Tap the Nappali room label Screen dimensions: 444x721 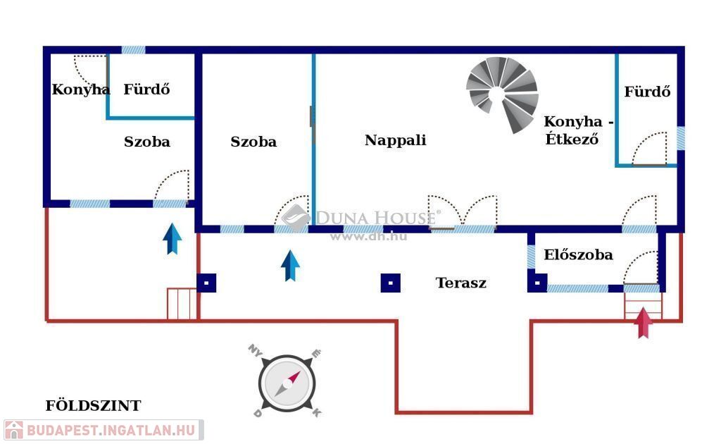click(395, 140)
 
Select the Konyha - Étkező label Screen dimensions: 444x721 click(578, 130)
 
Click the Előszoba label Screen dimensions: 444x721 click(578, 255)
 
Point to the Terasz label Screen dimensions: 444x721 click(460, 283)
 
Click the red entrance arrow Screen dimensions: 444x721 click(643, 323)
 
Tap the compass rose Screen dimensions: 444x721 click(286, 385)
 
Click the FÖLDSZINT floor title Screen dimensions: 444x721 click(93, 406)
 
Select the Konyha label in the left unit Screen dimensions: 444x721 click(80, 90)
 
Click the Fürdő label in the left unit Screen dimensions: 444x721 click(146, 90)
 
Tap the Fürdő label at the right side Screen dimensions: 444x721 click(647, 92)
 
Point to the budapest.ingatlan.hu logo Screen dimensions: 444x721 click(103, 429)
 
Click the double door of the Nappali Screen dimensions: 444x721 click(463, 212)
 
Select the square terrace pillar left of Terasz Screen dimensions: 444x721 click(391, 283)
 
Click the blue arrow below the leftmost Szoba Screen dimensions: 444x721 click(172, 238)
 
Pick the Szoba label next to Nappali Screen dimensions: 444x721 click(253, 142)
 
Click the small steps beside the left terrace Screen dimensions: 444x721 click(182, 304)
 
